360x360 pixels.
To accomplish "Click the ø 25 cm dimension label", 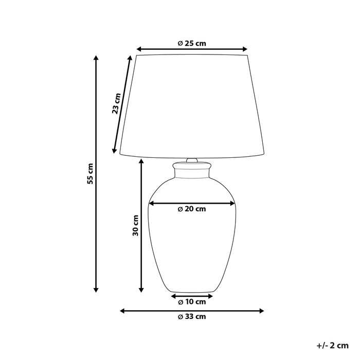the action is [192, 43].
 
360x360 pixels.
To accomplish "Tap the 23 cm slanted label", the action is [116, 103].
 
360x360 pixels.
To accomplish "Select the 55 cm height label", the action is [90, 174].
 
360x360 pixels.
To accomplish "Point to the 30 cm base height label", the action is [135, 225].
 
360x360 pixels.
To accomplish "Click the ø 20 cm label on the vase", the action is [192, 209].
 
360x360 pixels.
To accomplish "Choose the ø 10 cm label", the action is [192, 302].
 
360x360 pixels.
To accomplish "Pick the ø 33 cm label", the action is [192, 317].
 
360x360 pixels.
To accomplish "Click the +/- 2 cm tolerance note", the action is [332, 345].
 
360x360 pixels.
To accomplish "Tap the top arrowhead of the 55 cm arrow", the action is [96, 57].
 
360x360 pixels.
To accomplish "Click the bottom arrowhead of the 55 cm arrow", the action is [96, 290].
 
